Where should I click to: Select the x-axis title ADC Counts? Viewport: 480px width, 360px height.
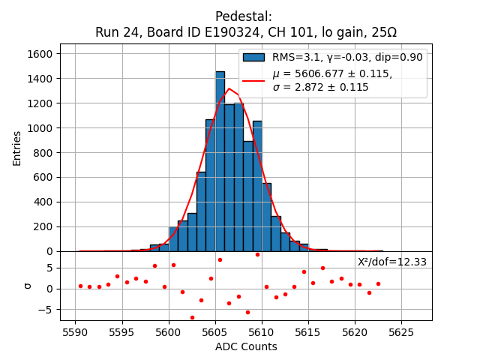pyautogui.click(x=246, y=346)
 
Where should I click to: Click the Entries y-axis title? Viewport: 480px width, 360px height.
pyautogui.click(x=17, y=148)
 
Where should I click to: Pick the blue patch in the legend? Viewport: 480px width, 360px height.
pyautogui.click(x=253, y=57)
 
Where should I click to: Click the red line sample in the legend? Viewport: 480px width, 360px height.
pyautogui.click(x=253, y=80)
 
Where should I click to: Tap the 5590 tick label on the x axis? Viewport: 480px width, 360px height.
pyautogui.click(x=75, y=332)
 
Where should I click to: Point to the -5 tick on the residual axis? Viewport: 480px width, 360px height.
pyautogui.click(x=49, y=310)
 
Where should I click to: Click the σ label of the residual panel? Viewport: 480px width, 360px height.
pyautogui.click(x=28, y=286)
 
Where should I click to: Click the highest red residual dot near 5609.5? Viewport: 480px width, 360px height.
pyautogui.click(x=257, y=254)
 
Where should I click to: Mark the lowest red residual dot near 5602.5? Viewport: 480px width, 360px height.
pyautogui.click(x=192, y=317)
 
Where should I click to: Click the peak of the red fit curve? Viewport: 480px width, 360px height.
pyautogui.click(x=229, y=89)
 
